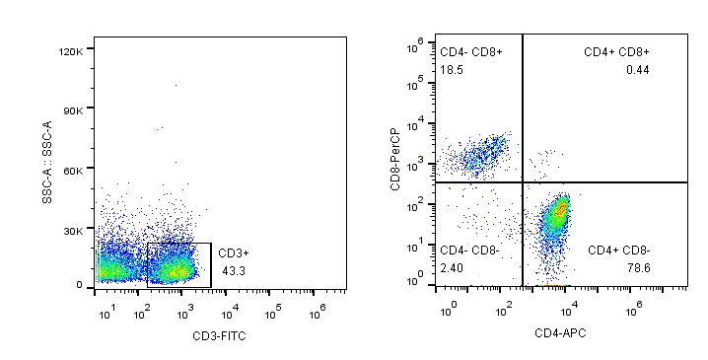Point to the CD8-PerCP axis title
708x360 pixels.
click(x=393, y=159)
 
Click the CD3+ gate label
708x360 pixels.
click(x=235, y=253)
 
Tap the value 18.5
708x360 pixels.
click(x=452, y=70)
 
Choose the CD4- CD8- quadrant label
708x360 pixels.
click(x=469, y=251)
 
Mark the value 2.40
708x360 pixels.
click(x=452, y=267)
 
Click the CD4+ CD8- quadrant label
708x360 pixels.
click(x=618, y=251)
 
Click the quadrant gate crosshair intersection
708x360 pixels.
click(x=522, y=182)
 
